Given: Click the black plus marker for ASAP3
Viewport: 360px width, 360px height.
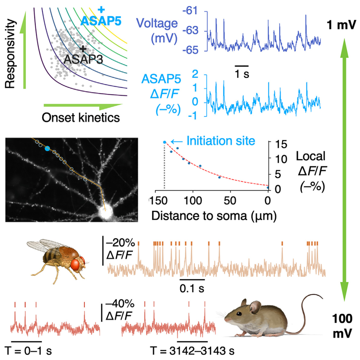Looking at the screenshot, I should [83, 49].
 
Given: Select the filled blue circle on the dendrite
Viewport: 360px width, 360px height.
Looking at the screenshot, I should [47, 148].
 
